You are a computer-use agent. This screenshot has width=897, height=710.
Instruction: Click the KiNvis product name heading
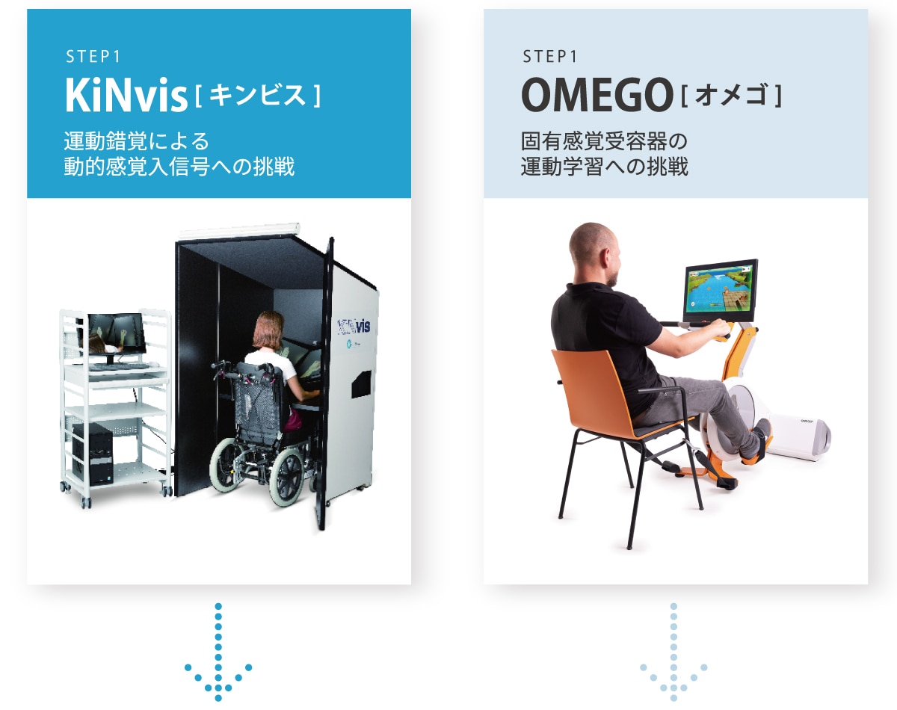click(126, 95)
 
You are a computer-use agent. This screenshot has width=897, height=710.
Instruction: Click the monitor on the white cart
click(116, 335)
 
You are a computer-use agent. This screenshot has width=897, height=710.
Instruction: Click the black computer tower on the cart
click(92, 451)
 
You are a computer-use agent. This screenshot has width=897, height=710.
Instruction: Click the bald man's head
click(595, 254)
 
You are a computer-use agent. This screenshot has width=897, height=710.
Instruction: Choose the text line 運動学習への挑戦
click(604, 166)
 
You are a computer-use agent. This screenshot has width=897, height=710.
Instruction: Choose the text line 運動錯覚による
click(136, 141)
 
